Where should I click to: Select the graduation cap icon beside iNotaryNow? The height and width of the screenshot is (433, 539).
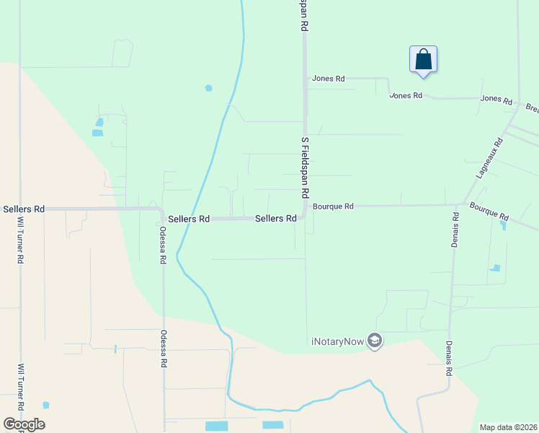(374, 340)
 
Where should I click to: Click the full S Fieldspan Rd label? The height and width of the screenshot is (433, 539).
(305, 167)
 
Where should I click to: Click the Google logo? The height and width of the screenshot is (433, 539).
(24, 424)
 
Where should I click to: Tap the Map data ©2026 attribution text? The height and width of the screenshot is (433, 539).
(508, 427)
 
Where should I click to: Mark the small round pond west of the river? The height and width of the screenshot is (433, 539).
(208, 88)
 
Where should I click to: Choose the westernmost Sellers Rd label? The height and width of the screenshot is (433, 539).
(24, 209)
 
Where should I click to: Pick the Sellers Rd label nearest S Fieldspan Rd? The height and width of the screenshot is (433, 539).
(276, 219)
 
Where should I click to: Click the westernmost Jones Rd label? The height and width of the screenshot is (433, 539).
(328, 79)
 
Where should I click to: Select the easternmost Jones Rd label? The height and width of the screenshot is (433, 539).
(496, 99)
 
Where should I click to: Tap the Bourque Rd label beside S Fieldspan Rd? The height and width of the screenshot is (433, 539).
(333, 206)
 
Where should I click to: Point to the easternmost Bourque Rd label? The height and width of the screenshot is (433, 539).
(489, 211)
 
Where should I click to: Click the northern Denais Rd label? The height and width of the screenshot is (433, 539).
(455, 227)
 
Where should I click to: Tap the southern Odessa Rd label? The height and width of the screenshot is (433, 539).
(164, 351)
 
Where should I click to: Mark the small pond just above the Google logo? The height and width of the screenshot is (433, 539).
(46, 405)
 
